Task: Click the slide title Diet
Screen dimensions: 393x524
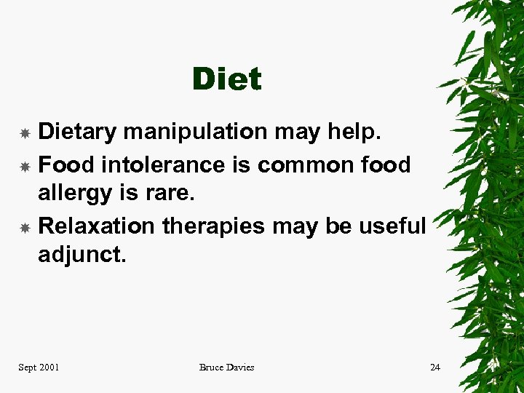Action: click(226, 79)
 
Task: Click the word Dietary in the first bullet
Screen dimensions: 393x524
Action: click(77, 132)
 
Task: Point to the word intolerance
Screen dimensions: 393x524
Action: click(163, 165)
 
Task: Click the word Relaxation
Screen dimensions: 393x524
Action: click(96, 226)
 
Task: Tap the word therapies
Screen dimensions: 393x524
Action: click(214, 227)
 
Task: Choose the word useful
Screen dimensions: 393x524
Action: click(392, 226)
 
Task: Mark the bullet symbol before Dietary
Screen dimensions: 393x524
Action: click(24, 133)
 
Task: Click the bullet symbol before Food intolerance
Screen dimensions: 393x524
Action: click(24, 167)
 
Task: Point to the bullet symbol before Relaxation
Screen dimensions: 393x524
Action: click(24, 228)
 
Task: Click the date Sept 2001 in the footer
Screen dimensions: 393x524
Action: click(39, 368)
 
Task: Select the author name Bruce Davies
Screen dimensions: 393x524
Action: click(226, 368)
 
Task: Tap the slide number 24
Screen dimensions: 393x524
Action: click(434, 368)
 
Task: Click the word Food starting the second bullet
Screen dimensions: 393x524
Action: click(66, 165)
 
